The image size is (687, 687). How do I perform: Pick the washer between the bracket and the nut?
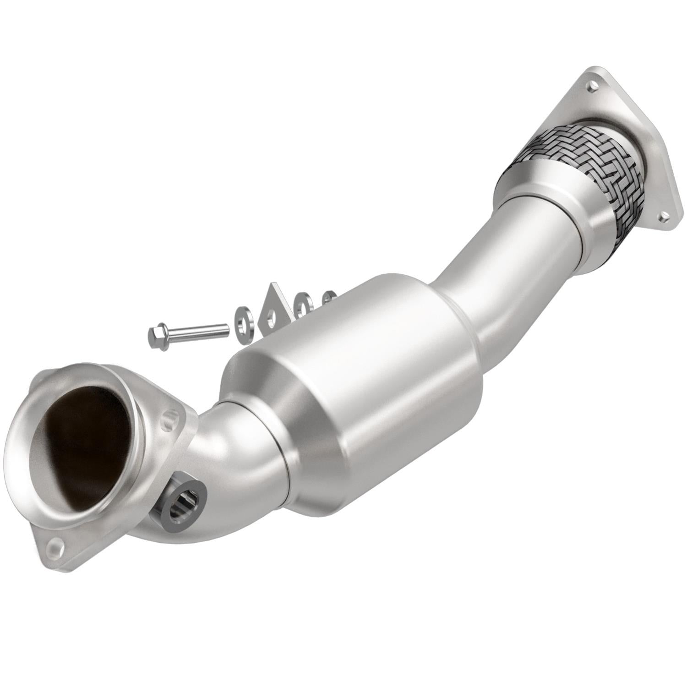point(302,304)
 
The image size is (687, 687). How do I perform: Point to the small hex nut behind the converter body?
point(328,296)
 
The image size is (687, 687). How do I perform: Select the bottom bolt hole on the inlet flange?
point(55,557)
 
